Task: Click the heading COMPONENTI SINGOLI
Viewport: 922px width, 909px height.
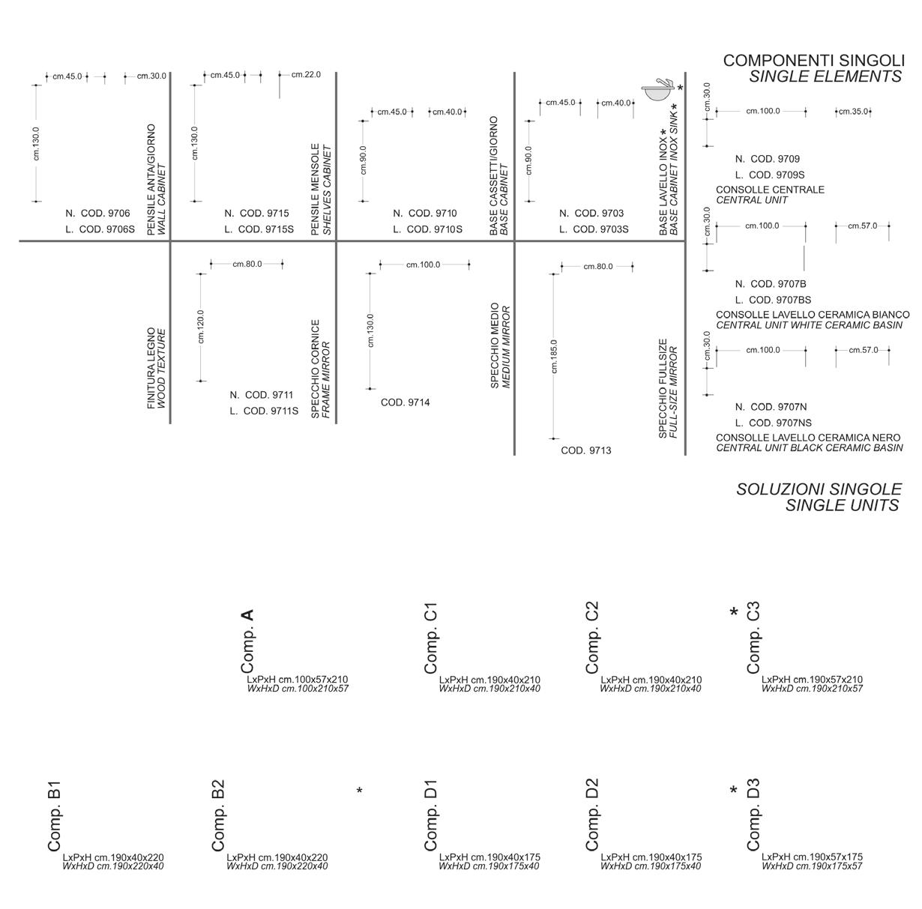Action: tap(813, 61)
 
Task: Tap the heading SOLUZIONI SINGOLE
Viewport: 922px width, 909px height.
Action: tap(819, 489)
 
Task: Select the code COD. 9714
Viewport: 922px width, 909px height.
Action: tap(405, 402)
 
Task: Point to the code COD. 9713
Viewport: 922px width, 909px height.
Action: tap(585, 450)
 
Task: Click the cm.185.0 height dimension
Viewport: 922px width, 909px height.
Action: tap(554, 356)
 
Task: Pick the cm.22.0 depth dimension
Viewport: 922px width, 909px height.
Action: tap(306, 74)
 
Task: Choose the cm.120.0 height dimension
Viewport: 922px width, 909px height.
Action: tap(201, 327)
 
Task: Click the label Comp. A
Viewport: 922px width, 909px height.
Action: tap(248, 641)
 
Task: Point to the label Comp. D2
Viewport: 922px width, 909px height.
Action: tap(592, 815)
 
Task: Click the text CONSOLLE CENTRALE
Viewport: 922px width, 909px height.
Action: tap(770, 190)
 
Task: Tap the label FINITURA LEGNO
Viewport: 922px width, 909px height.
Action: tap(151, 368)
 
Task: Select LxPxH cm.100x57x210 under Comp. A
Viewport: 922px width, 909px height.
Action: tap(298, 680)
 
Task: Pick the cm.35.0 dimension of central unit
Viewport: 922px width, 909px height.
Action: tap(853, 112)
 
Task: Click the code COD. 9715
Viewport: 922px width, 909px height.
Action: tap(264, 214)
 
